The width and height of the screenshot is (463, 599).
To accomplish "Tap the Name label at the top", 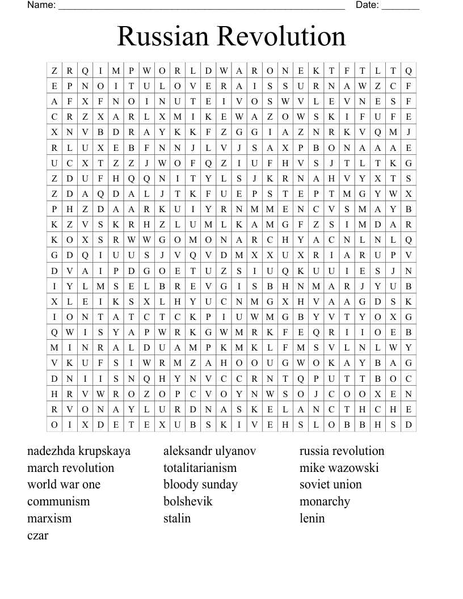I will click(x=41, y=5).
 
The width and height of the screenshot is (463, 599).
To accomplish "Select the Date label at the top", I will click(x=367, y=5).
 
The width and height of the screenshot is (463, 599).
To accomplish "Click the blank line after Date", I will click(x=401, y=8).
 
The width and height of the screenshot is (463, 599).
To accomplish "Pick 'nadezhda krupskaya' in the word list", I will click(x=79, y=451).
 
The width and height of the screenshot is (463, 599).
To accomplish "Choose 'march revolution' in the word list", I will click(x=70, y=468).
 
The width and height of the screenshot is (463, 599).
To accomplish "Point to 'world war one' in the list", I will click(x=64, y=484).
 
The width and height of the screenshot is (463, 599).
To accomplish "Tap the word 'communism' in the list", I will click(x=58, y=501).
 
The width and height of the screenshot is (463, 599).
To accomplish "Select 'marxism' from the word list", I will click(x=49, y=518).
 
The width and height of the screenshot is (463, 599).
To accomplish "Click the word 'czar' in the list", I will click(x=37, y=535).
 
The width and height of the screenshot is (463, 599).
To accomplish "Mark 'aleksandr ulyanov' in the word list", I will click(x=209, y=451).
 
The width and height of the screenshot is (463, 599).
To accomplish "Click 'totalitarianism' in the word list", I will click(x=200, y=468).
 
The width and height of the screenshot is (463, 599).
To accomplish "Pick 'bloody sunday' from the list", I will click(x=200, y=484).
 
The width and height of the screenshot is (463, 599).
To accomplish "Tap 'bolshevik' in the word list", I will click(x=188, y=501).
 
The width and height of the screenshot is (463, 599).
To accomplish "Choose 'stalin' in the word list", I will click(x=177, y=518).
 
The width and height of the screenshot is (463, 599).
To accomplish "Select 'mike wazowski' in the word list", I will click(x=339, y=468).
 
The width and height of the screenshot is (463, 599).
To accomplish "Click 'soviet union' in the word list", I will click(x=330, y=484).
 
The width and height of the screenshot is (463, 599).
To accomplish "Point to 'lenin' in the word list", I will click(x=312, y=518).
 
